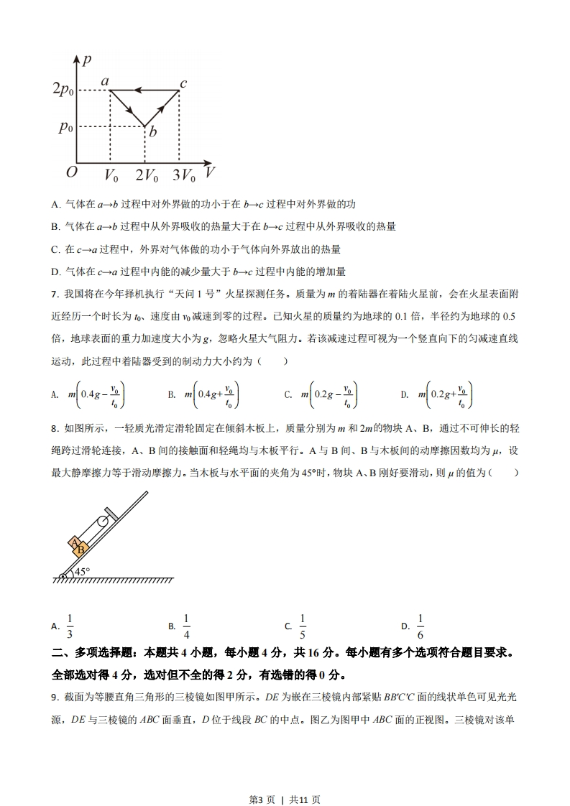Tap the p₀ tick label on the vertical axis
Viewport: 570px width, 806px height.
(66, 127)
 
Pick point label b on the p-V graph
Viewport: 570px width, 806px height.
(152, 132)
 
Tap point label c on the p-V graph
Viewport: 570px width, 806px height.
(183, 83)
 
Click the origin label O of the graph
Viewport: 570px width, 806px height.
(71, 172)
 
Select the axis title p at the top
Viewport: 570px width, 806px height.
(86, 60)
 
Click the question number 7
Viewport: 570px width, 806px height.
(55, 294)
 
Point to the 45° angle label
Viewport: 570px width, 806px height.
(82, 572)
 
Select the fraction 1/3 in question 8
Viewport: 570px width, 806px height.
(70, 626)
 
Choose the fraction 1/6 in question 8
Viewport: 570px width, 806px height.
(420, 626)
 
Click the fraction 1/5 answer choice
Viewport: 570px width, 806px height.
(303, 626)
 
